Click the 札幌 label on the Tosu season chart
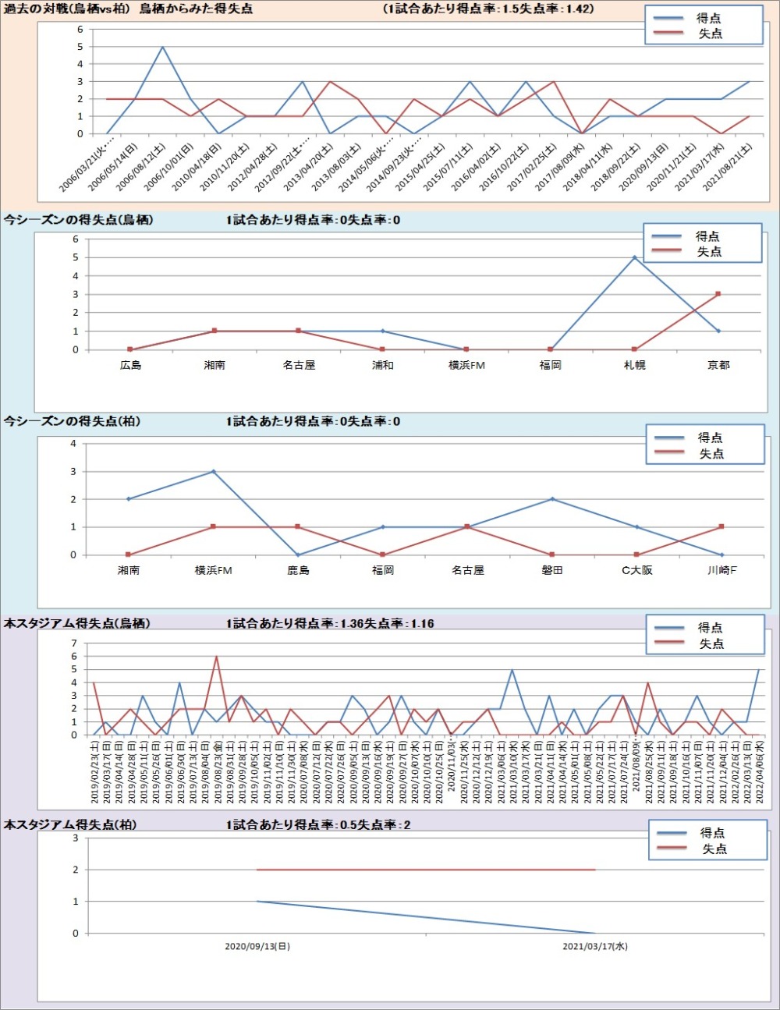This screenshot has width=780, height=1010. [x=634, y=365]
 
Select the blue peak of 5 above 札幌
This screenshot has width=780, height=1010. [x=634, y=257]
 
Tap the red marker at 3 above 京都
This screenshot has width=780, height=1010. [x=718, y=294]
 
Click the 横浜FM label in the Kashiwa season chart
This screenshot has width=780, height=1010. [x=214, y=570]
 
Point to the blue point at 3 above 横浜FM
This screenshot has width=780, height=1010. [x=214, y=471]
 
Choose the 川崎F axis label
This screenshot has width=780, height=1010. [x=721, y=570]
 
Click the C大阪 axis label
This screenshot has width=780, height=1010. [x=636, y=570]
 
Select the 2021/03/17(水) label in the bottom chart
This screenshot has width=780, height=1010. [x=595, y=946]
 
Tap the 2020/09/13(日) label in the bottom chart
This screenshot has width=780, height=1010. [x=257, y=946]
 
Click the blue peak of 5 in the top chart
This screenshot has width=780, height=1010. [x=162, y=47]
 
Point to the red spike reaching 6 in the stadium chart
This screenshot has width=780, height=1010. [x=216, y=657]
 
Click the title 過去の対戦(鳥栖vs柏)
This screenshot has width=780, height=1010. [x=67, y=9]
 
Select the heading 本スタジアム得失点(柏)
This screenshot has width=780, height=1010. [x=70, y=824]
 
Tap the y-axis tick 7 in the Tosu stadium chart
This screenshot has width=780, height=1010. [x=74, y=643]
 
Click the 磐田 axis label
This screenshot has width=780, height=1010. [x=552, y=570]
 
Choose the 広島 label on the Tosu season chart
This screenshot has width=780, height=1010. [x=130, y=365]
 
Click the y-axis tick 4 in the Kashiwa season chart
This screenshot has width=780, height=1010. [x=73, y=444]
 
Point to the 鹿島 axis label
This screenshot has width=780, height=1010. [x=298, y=570]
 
